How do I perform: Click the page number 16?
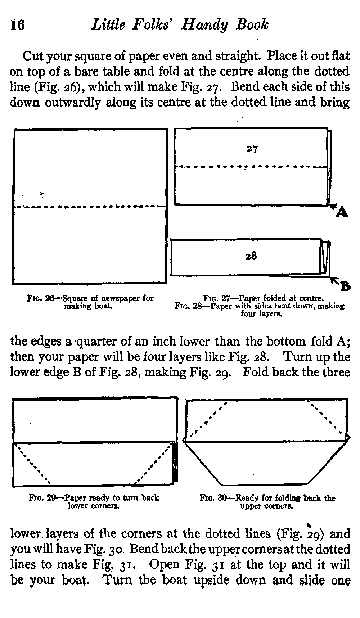point(17,26)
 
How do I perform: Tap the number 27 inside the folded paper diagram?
point(252,149)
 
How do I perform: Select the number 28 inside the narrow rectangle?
point(251,256)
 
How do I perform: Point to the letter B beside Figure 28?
point(345,287)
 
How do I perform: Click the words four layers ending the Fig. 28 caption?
point(261,314)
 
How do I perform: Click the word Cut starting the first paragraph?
point(33,56)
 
